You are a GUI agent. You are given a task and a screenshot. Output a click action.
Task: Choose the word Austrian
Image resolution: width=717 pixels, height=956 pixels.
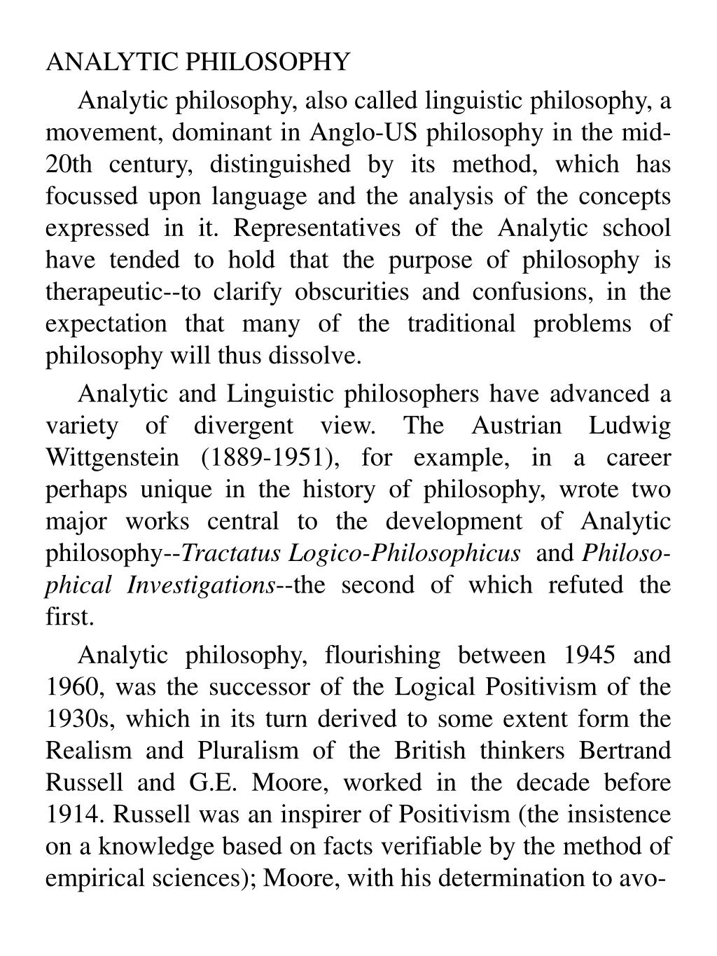[517, 426]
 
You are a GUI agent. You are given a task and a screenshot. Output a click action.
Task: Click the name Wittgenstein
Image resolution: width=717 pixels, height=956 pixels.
[112, 457]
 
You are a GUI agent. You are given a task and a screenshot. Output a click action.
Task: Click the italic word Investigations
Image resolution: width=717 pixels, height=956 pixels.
[201, 585]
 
